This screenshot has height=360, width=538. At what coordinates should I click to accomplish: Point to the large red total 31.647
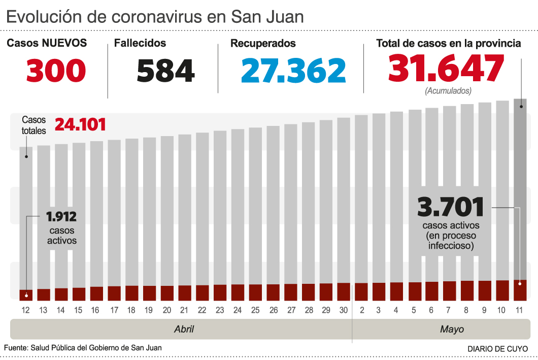tap(447, 68)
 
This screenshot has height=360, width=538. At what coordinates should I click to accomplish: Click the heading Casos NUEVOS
tap(47, 43)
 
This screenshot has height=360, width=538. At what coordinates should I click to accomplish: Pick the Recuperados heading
tap(263, 44)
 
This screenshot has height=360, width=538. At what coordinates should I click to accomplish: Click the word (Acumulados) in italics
tap(448, 91)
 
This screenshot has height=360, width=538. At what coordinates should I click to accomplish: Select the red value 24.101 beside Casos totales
tap(80, 124)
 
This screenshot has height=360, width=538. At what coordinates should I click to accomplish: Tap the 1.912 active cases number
tap(61, 217)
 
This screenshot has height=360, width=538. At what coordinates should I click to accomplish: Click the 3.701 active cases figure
tap(450, 207)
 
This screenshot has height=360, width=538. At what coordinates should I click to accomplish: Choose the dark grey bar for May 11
tap(520, 188)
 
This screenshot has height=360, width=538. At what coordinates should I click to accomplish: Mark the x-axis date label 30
tap(343, 310)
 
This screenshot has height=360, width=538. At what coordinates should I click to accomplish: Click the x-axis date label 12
tap(25, 310)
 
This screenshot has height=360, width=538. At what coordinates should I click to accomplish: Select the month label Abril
tap(184, 330)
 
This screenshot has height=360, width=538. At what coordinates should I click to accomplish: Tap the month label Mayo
tap(452, 330)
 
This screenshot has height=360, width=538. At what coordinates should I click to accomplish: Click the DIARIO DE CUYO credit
tap(497, 349)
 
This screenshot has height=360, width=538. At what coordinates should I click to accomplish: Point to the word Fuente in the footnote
tap(15, 348)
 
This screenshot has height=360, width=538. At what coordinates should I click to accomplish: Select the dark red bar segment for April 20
tap(167, 292)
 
